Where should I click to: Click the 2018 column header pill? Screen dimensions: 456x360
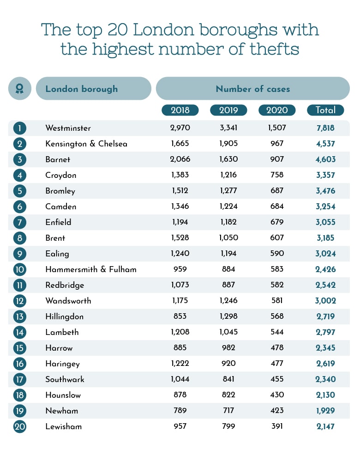pyautogui.click(x=180, y=110)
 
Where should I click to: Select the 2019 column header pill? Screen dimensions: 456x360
pyautogui.click(x=228, y=110)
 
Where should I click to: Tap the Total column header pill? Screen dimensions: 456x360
pyautogui.click(x=325, y=110)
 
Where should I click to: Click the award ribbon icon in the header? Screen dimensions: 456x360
pyautogui.click(x=20, y=88)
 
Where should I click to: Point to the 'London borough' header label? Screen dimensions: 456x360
pyautogui.click(x=81, y=89)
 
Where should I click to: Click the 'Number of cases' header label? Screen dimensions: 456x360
pyautogui.click(x=253, y=89)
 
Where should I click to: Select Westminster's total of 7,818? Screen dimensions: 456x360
pyautogui.click(x=325, y=128)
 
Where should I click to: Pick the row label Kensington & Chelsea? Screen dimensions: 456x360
pyautogui.click(x=86, y=144)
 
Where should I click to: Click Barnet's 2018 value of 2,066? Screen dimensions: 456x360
pyautogui.click(x=180, y=159)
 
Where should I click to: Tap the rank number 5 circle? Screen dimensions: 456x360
pyautogui.click(x=20, y=191)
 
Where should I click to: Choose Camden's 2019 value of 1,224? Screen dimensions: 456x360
pyautogui.click(x=228, y=207)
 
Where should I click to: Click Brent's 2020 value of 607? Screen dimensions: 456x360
pyautogui.click(x=277, y=238)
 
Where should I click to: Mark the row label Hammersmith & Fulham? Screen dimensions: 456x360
pyautogui.click(x=91, y=269)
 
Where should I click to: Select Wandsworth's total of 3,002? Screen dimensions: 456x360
pyautogui.click(x=325, y=301)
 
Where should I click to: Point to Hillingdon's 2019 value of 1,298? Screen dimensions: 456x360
pyautogui.click(x=228, y=316)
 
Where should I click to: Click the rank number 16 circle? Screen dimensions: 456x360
pyautogui.click(x=20, y=364)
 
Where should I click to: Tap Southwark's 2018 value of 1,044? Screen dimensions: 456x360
pyautogui.click(x=180, y=379)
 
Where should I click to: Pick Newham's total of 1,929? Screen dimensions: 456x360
pyautogui.click(x=325, y=411)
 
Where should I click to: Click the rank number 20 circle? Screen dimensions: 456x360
pyautogui.click(x=20, y=426)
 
